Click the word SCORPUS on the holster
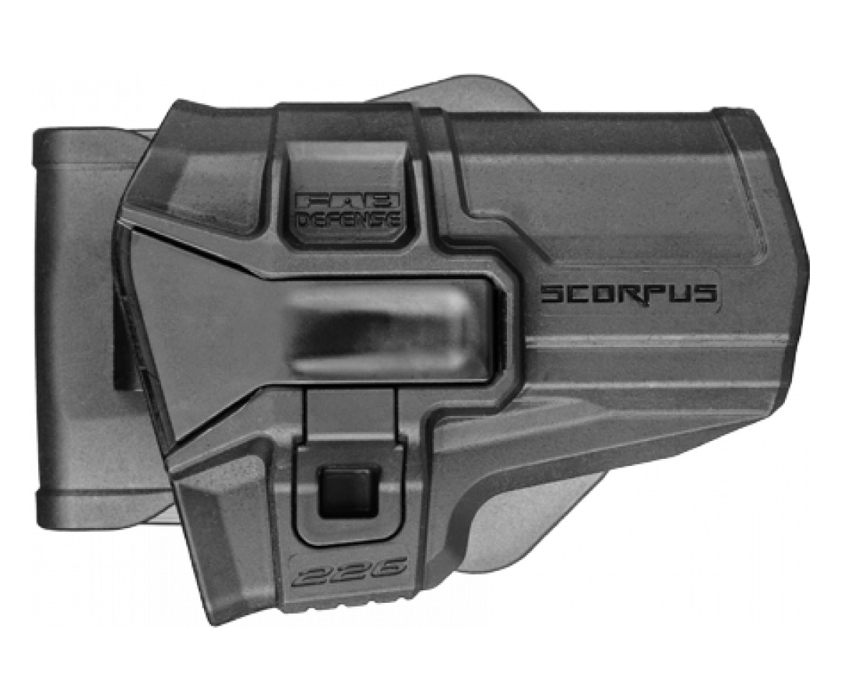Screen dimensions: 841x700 tap(628, 293)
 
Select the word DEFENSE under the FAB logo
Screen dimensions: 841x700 tap(349, 219)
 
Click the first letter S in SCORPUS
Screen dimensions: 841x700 tap(550, 294)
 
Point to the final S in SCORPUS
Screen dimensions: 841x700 tap(706, 293)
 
